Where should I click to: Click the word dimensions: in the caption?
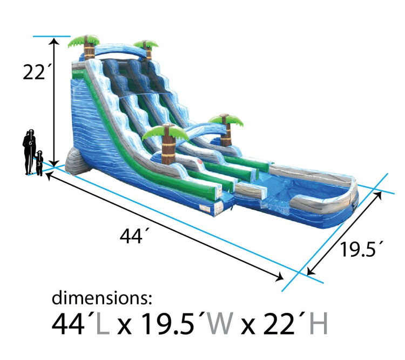[102, 298]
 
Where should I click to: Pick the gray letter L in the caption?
[103, 324]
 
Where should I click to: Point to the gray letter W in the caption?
[219, 324]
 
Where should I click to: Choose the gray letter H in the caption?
[319, 324]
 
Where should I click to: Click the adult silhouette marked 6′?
[30, 152]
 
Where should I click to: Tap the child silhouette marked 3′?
[39, 163]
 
